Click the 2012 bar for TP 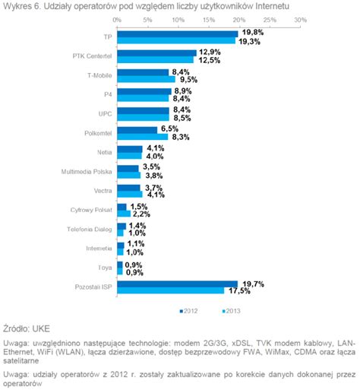(178, 34)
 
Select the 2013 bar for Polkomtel (143, 137)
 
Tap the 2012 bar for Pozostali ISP (178, 284)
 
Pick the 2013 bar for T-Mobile (147, 79)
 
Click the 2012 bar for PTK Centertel (157, 53)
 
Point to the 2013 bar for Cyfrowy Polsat (124, 214)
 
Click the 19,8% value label (253, 33)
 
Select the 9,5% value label (188, 80)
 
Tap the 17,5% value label (239, 291)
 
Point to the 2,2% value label (141, 214)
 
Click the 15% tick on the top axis (209, 20)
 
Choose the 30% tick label (301, 20)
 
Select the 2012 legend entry (188, 311)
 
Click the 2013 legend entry (231, 311)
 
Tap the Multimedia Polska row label (87, 172)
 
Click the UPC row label (105, 114)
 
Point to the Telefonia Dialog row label (90, 230)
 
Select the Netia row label (105, 152)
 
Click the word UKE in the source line (41, 329)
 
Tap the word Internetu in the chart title (273, 6)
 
